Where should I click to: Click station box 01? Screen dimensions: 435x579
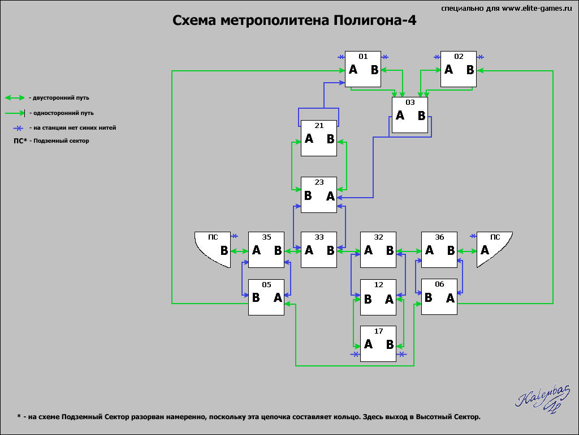click(x=363, y=69)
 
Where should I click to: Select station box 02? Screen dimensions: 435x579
click(x=458, y=69)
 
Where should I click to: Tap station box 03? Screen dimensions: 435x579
click(x=410, y=115)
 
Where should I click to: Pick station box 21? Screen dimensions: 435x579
click(x=319, y=138)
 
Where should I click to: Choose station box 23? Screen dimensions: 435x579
click(x=319, y=195)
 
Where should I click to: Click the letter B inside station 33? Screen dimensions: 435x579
click(x=330, y=250)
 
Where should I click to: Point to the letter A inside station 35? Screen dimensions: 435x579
click(x=256, y=250)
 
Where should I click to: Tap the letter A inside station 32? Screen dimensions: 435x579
click(x=368, y=250)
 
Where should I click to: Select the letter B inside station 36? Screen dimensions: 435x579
click(x=451, y=250)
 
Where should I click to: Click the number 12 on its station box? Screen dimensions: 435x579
click(x=378, y=284)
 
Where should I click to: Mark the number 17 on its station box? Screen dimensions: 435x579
click(x=378, y=331)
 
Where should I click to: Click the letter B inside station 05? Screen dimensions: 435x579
click(x=256, y=297)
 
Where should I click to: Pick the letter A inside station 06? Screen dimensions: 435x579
click(x=450, y=298)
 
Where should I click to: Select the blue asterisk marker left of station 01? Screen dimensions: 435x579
click(x=341, y=57)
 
